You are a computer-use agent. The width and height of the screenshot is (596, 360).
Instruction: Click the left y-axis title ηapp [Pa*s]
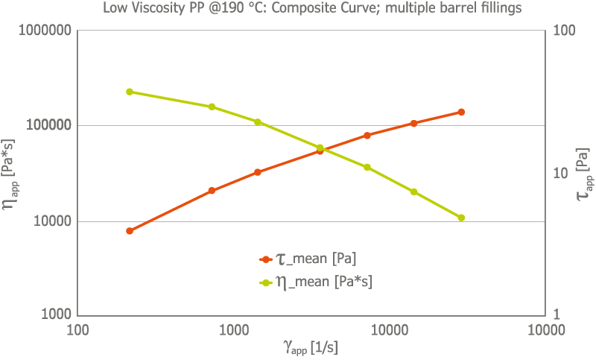[10, 174]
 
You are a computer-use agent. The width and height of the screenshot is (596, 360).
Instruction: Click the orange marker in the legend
[264, 259]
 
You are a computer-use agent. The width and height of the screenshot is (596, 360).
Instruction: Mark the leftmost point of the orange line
[130, 231]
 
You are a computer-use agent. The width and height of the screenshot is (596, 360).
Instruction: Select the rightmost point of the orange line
[461, 112]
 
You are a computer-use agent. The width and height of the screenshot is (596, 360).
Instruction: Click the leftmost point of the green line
[130, 92]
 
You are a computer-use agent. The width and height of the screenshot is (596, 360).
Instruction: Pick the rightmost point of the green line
[461, 218]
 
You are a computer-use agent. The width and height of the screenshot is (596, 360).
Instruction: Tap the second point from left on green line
[212, 107]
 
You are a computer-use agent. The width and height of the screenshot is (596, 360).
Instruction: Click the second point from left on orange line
[212, 191]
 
